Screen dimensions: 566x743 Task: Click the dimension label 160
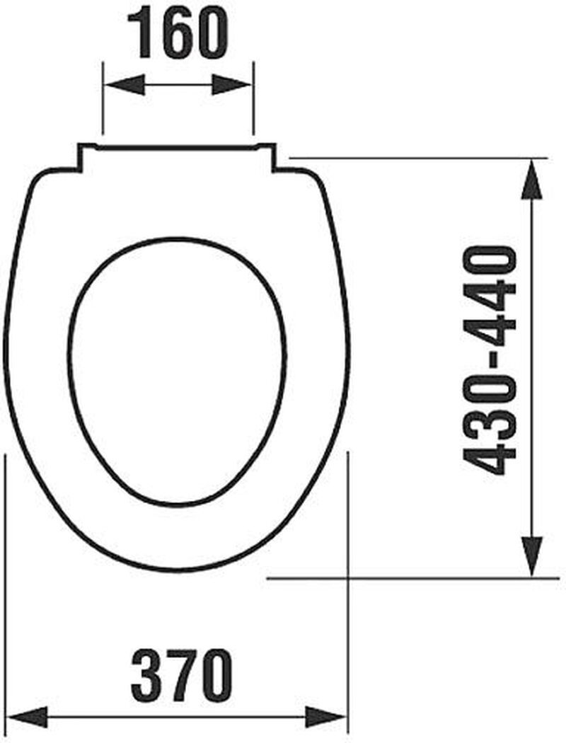click(178, 33)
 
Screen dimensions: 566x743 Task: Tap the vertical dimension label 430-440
click(490, 360)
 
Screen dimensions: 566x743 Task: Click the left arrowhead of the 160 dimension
click(124, 86)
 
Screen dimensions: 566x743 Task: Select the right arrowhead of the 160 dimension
click(232, 86)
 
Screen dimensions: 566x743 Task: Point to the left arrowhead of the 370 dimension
click(28, 717)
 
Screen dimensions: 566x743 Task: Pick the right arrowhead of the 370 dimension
click(325, 717)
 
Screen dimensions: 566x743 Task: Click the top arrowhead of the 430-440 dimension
click(531, 178)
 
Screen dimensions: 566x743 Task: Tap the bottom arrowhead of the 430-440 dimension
click(531, 556)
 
